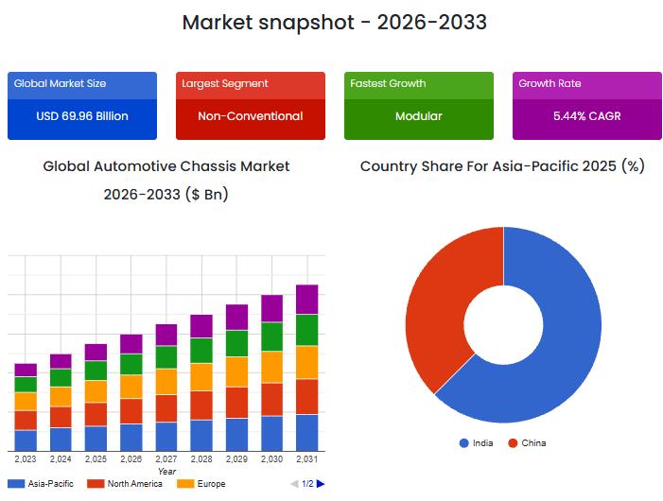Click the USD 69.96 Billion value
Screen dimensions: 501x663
[82, 116]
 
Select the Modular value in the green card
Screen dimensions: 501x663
[418, 116]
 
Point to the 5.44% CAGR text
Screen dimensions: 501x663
[586, 116]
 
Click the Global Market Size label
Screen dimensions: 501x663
[60, 84]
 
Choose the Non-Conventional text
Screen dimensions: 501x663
[250, 116]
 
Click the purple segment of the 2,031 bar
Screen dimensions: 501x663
[306, 299]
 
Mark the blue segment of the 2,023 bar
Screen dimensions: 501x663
[26, 441]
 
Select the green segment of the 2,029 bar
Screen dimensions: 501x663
[236, 343]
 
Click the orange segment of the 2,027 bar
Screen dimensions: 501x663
[166, 381]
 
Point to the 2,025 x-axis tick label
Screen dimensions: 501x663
[96, 459]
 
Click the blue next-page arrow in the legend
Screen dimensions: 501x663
[321, 484]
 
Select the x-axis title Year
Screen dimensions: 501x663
[166, 471]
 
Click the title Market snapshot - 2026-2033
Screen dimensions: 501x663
[334, 22]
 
